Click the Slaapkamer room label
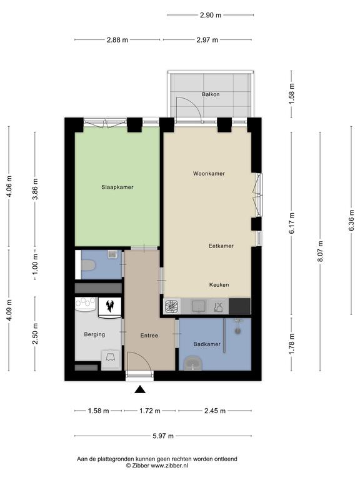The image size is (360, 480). [117, 187]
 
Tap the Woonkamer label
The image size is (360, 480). [209, 174]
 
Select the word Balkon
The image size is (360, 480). [211, 94]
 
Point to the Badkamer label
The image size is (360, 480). [207, 344]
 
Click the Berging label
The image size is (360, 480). [94, 334]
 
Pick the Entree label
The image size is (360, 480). [149, 336]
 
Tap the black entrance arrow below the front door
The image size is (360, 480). [140, 389]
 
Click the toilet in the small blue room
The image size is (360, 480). [88, 265]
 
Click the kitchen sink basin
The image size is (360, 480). [198, 306]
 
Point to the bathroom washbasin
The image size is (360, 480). [193, 363]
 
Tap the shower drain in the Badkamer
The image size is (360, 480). [238, 331]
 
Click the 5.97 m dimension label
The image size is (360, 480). [163, 436]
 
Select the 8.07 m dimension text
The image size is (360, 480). [320, 251]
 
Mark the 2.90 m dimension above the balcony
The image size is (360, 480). [211, 15]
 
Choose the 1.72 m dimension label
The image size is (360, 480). [150, 411]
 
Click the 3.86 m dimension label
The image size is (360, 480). [35, 189]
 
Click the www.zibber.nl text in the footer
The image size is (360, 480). [169, 466]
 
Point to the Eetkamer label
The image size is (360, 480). [221, 246]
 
